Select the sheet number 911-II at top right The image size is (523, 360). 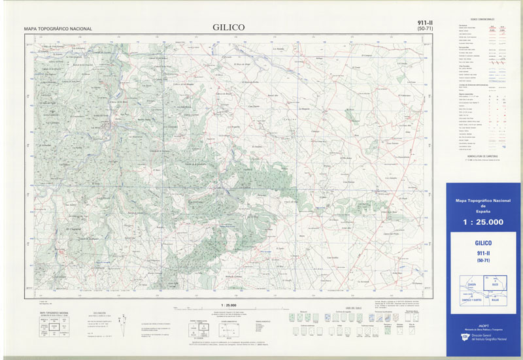[x=424, y=23]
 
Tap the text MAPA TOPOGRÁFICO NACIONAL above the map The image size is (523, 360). [x=58, y=29]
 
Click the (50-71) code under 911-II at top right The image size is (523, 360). [x=424, y=29]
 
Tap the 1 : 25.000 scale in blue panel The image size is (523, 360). [x=482, y=222]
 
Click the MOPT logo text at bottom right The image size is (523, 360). [x=482, y=333]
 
